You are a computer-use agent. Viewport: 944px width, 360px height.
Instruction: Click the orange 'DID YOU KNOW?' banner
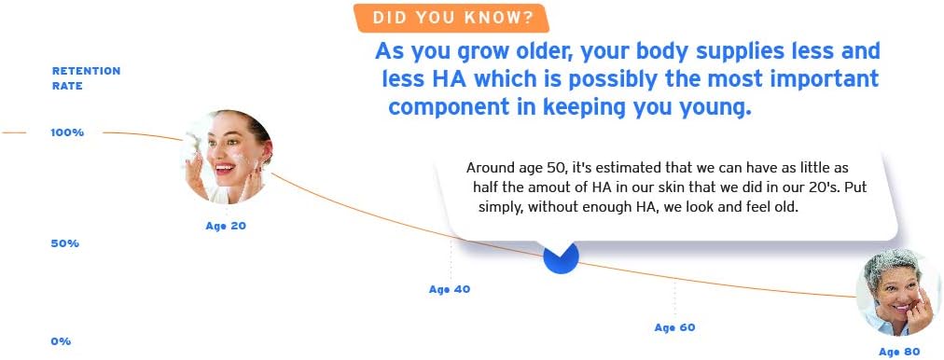[451, 18]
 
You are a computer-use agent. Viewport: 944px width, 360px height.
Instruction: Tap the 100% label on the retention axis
[67, 132]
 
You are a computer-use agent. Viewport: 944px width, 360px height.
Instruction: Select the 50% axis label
[65, 243]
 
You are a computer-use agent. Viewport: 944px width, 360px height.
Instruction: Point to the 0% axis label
[61, 341]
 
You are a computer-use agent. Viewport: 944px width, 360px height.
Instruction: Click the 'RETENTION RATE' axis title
[86, 78]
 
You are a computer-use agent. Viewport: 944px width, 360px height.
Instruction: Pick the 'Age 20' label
[226, 227]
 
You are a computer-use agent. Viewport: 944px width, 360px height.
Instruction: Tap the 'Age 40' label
[449, 289]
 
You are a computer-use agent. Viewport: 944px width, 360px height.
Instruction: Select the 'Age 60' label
[675, 327]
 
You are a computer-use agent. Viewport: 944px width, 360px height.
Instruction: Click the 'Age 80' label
[899, 353]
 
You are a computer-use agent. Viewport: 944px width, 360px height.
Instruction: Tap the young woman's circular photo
[227, 157]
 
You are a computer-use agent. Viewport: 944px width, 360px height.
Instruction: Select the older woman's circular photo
[899, 292]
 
